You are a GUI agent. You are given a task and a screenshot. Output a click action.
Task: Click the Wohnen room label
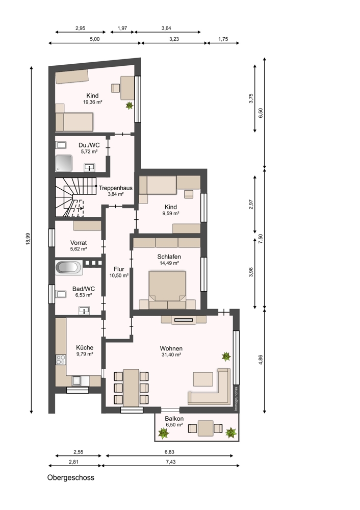[171, 349]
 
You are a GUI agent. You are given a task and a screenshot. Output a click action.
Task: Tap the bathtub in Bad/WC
[68, 268]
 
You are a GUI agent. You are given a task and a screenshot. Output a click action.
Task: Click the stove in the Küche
[61, 360]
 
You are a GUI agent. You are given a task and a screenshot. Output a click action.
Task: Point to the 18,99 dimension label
[28, 239]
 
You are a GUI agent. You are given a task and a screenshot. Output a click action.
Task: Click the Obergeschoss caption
[71, 477]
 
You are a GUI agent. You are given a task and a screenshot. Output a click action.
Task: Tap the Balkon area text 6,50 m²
[174, 425]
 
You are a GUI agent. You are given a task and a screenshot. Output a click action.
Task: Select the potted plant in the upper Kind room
[130, 105]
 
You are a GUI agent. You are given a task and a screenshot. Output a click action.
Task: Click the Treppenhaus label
[115, 188]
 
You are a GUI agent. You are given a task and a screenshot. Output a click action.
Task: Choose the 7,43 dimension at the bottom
[170, 462]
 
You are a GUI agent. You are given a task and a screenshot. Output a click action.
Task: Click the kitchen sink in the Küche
[77, 380]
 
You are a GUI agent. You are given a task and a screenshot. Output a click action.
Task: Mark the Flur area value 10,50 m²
[119, 275]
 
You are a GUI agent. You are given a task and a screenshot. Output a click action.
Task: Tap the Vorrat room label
[79, 243]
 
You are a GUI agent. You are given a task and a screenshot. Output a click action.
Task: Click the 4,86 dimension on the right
[261, 360]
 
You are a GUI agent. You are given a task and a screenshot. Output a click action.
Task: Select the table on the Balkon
[205, 428]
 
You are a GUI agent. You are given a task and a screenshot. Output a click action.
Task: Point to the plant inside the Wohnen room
[226, 356]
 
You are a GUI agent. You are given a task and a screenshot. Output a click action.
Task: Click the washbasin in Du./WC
[89, 167]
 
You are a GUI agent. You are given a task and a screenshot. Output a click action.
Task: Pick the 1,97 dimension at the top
[122, 28]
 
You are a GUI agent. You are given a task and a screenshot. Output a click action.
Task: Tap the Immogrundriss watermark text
[236, 398]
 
